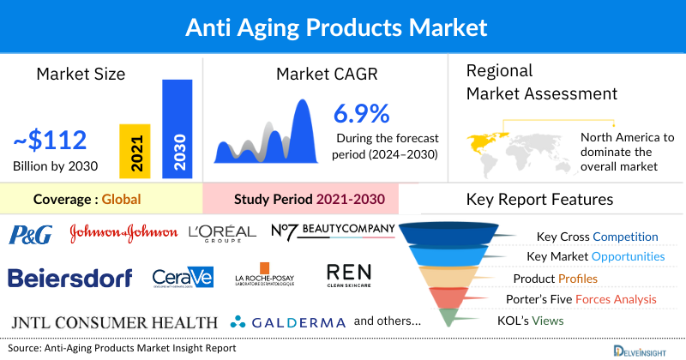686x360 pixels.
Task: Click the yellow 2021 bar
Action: pyautogui.click(x=135, y=151)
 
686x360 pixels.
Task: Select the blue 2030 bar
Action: pyautogui.click(x=177, y=129)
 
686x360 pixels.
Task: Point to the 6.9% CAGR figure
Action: pyautogui.click(x=361, y=113)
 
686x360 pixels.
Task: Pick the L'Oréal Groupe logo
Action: pyautogui.click(x=222, y=233)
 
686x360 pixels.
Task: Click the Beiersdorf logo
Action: pyautogui.click(x=70, y=278)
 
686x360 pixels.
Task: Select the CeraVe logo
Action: pyautogui.click(x=182, y=278)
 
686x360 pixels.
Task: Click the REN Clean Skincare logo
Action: pyautogui.click(x=350, y=275)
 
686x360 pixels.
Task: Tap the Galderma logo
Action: pyautogui.click(x=288, y=323)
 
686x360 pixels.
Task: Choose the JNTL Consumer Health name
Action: pyautogui.click(x=115, y=322)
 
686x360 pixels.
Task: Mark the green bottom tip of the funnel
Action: pyautogui.click(x=447, y=320)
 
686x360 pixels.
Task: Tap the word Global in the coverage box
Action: pyautogui.click(x=121, y=200)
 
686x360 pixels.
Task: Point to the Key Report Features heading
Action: pyautogui.click(x=539, y=200)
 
